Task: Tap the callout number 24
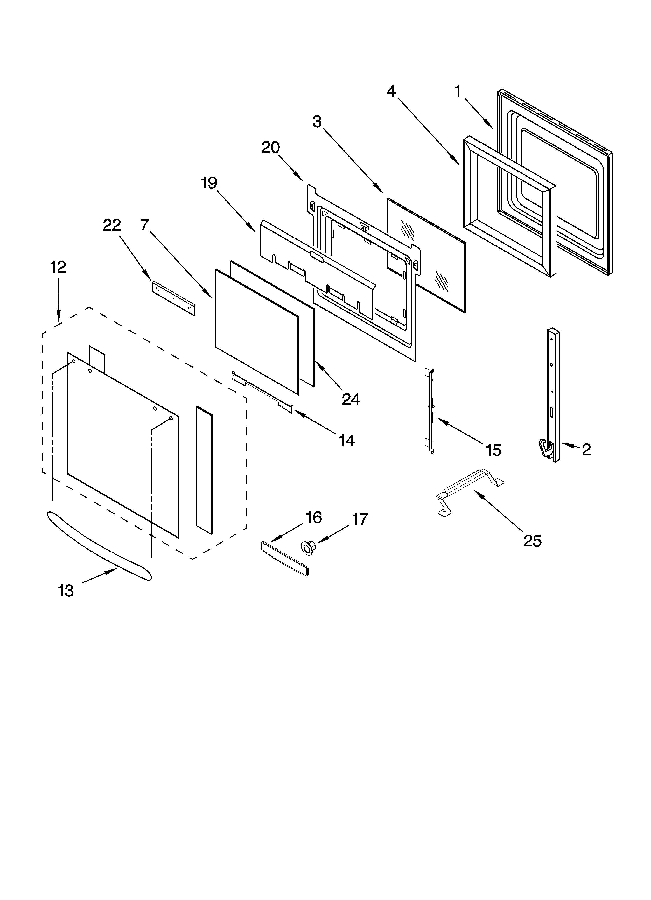(351, 399)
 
